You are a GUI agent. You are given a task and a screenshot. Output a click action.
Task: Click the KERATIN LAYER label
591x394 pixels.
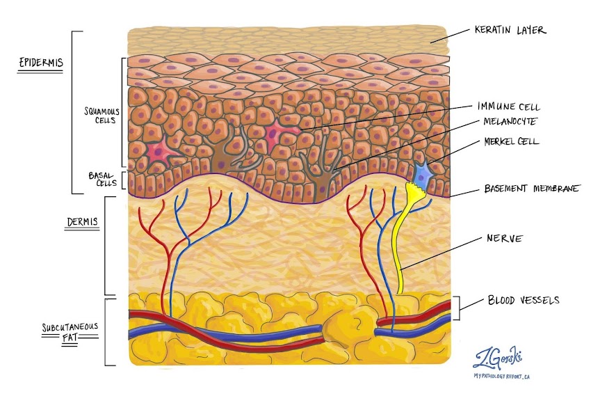(x=510, y=31)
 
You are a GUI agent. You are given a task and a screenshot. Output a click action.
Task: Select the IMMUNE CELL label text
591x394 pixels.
(x=509, y=107)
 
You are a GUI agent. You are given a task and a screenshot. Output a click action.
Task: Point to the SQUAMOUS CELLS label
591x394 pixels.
(x=99, y=116)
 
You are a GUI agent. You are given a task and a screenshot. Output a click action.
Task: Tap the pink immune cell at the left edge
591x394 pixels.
(x=157, y=152)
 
